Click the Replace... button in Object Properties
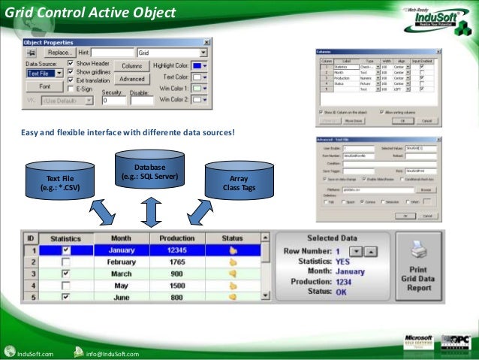click(59, 53)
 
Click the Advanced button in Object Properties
click(131, 78)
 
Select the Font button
click(45, 86)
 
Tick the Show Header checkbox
click(71, 64)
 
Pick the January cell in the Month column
click(121, 250)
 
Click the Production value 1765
click(177, 262)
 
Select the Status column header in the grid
click(232, 237)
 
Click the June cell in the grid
click(121, 297)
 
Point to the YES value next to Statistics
click(346, 261)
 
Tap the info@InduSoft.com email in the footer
click(112, 353)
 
